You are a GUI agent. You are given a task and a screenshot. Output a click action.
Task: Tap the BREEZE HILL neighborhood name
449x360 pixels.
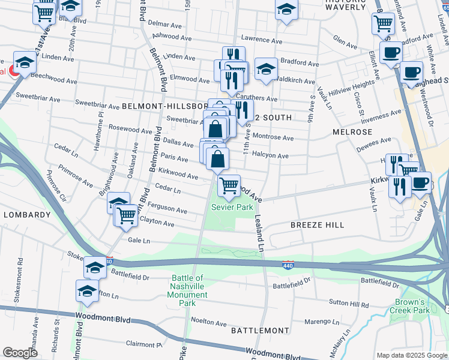pos(318,224)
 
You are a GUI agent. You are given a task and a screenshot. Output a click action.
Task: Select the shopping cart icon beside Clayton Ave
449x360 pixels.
pos(127,214)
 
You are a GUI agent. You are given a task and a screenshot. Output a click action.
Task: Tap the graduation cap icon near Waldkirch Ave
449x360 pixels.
pos(266,68)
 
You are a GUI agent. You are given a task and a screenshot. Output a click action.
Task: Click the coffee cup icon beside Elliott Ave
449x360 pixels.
pos(391,52)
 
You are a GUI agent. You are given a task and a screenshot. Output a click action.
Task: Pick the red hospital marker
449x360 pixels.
pos(11,71)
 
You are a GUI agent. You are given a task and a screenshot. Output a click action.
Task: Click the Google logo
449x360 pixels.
pos(20,353)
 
